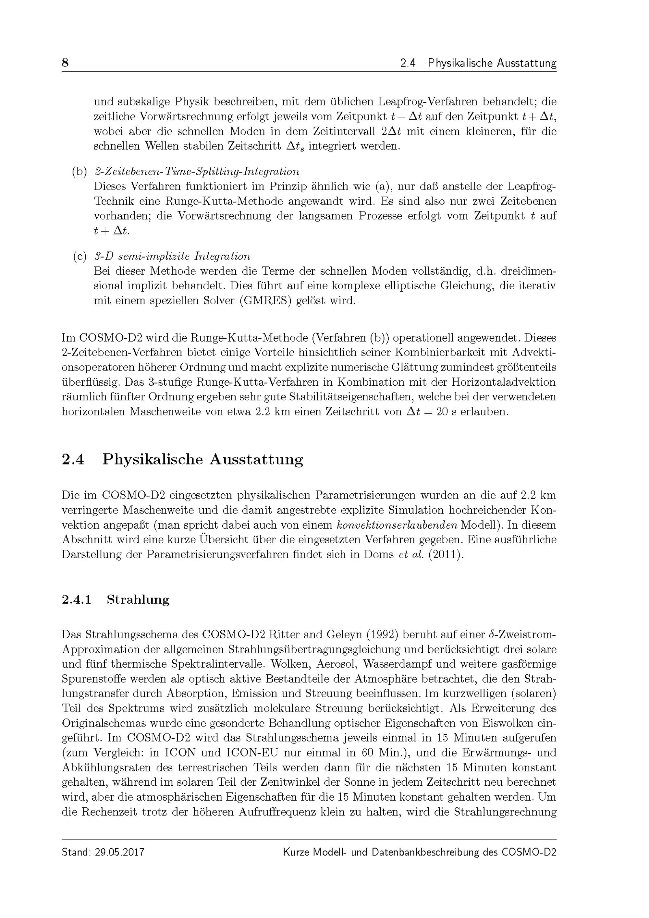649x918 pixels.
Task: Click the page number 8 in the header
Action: pyautogui.click(x=65, y=63)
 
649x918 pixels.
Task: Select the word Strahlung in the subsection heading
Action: pyautogui.click(x=138, y=599)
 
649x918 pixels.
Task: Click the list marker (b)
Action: pyautogui.click(x=79, y=172)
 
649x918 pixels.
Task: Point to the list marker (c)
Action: pyautogui.click(x=79, y=256)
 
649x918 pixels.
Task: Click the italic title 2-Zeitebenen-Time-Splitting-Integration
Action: pyautogui.click(x=196, y=172)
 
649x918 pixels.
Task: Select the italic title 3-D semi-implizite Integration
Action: pyautogui.click(x=172, y=256)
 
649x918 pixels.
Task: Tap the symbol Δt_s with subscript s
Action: pyautogui.click(x=296, y=146)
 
